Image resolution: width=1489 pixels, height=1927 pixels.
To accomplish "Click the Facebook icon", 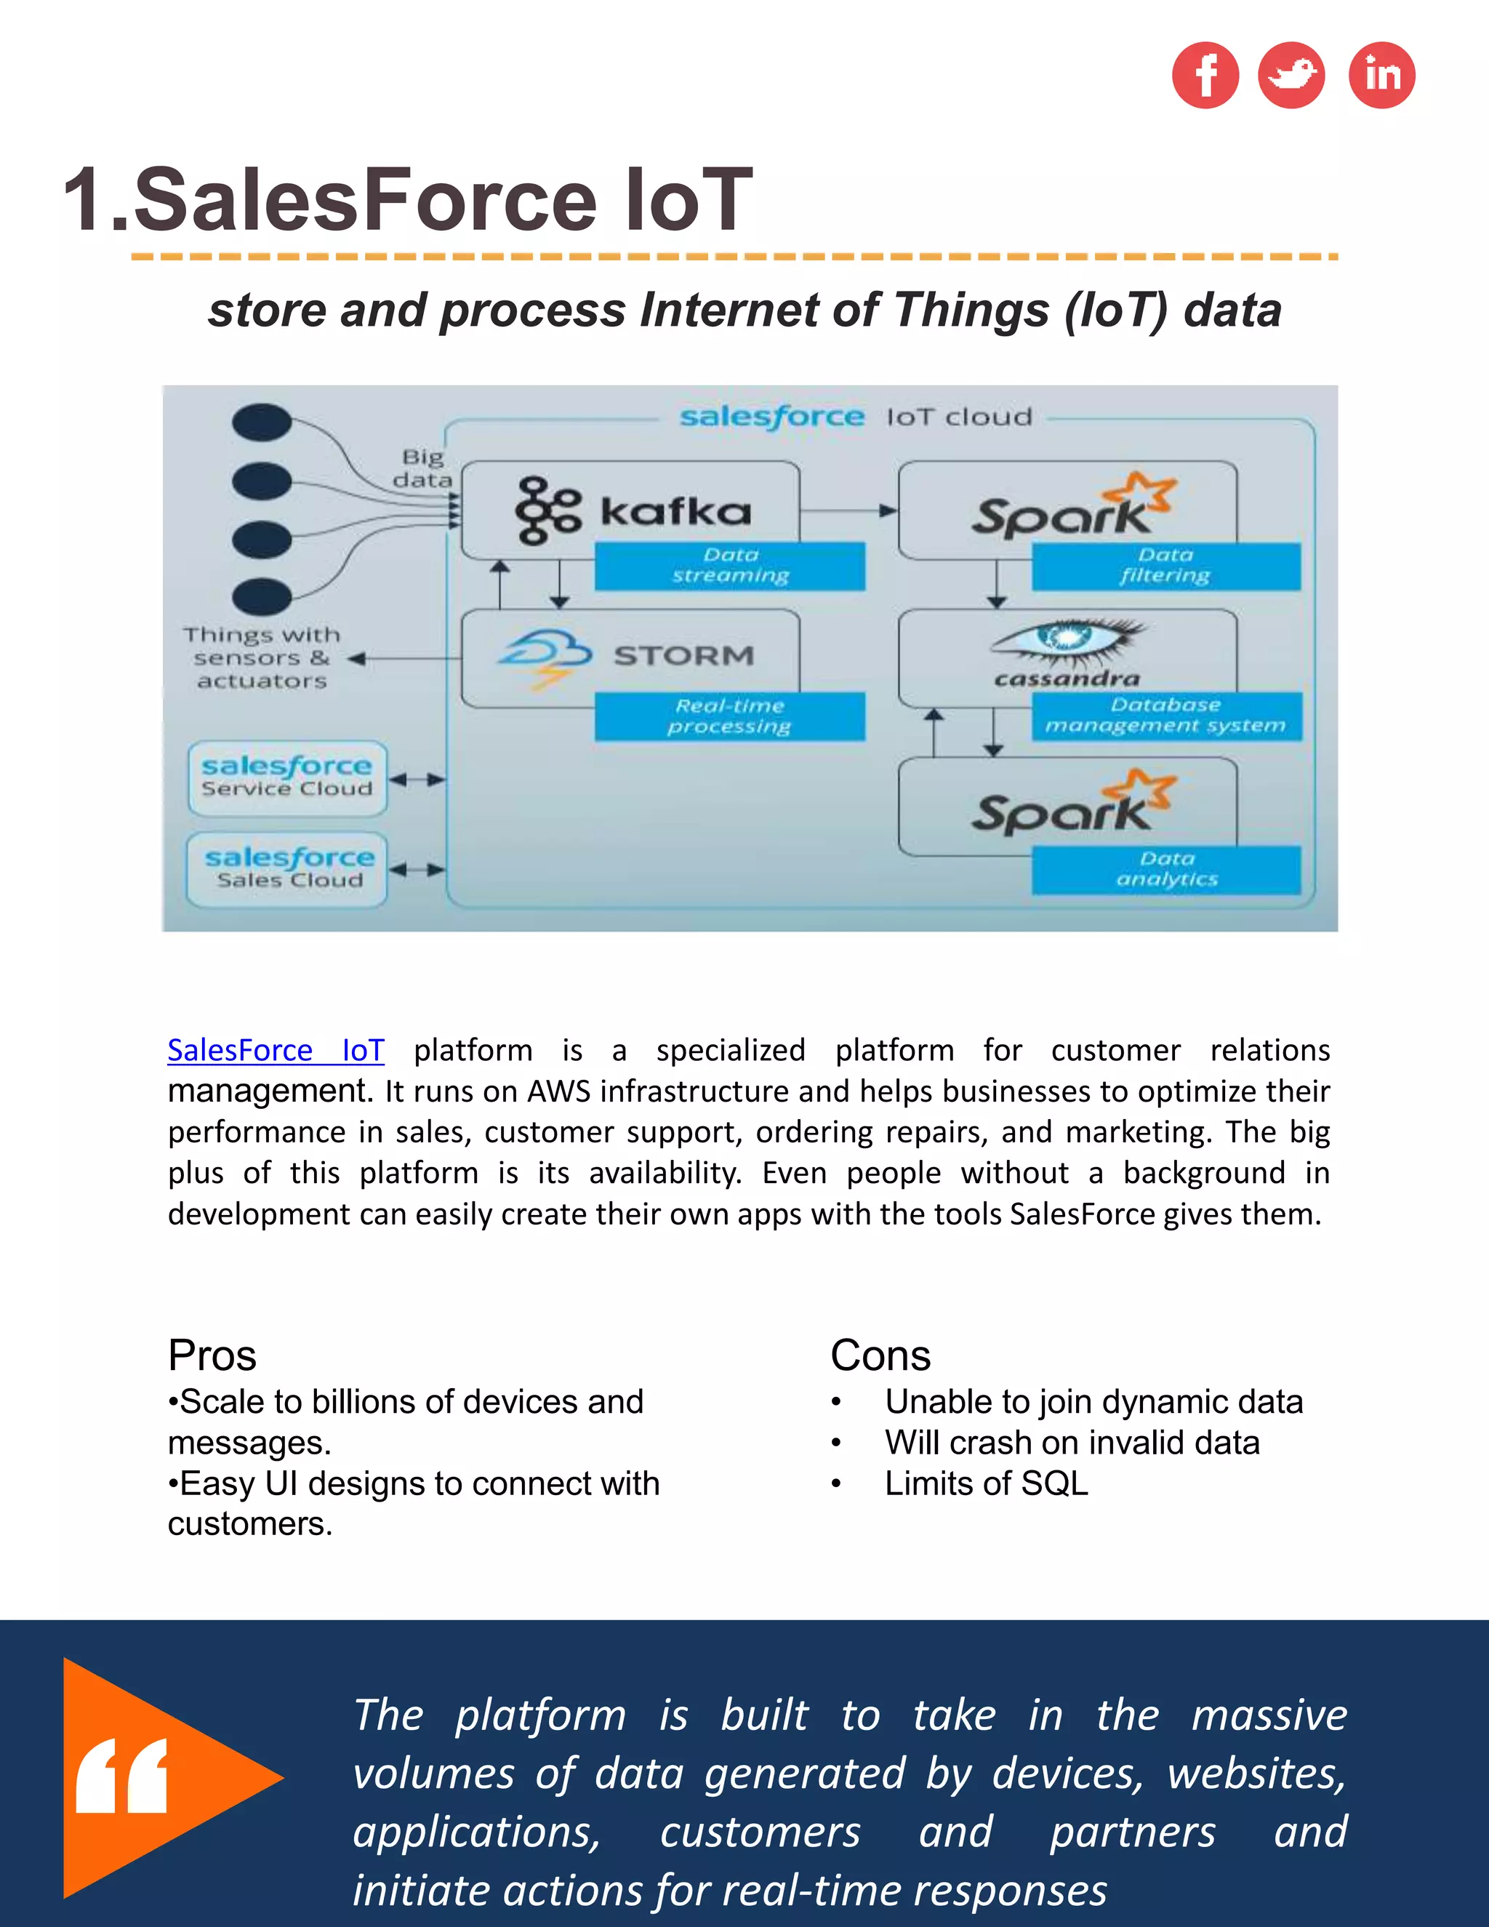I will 1205,75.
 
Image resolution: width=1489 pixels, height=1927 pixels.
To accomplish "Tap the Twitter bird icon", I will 1291,75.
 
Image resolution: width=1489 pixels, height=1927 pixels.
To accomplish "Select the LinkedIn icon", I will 1381,75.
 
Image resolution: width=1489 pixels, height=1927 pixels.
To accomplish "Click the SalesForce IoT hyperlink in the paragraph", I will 276,1050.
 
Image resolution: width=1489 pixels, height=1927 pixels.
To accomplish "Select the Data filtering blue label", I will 1165,566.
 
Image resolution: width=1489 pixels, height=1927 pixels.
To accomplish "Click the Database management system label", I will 1165,716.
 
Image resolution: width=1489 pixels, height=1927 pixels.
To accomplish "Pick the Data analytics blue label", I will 1166,869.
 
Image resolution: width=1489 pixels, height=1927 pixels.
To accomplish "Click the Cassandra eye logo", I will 1067,640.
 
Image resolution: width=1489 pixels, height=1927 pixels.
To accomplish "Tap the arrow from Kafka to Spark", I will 848,510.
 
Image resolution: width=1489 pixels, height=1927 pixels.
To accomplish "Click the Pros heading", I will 212,1355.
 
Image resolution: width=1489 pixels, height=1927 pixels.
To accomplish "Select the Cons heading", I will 880,1355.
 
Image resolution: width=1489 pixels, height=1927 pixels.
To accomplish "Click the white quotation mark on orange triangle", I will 121,1776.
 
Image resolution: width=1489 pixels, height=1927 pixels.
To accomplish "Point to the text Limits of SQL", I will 986,1484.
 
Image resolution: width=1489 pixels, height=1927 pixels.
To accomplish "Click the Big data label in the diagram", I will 422,468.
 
